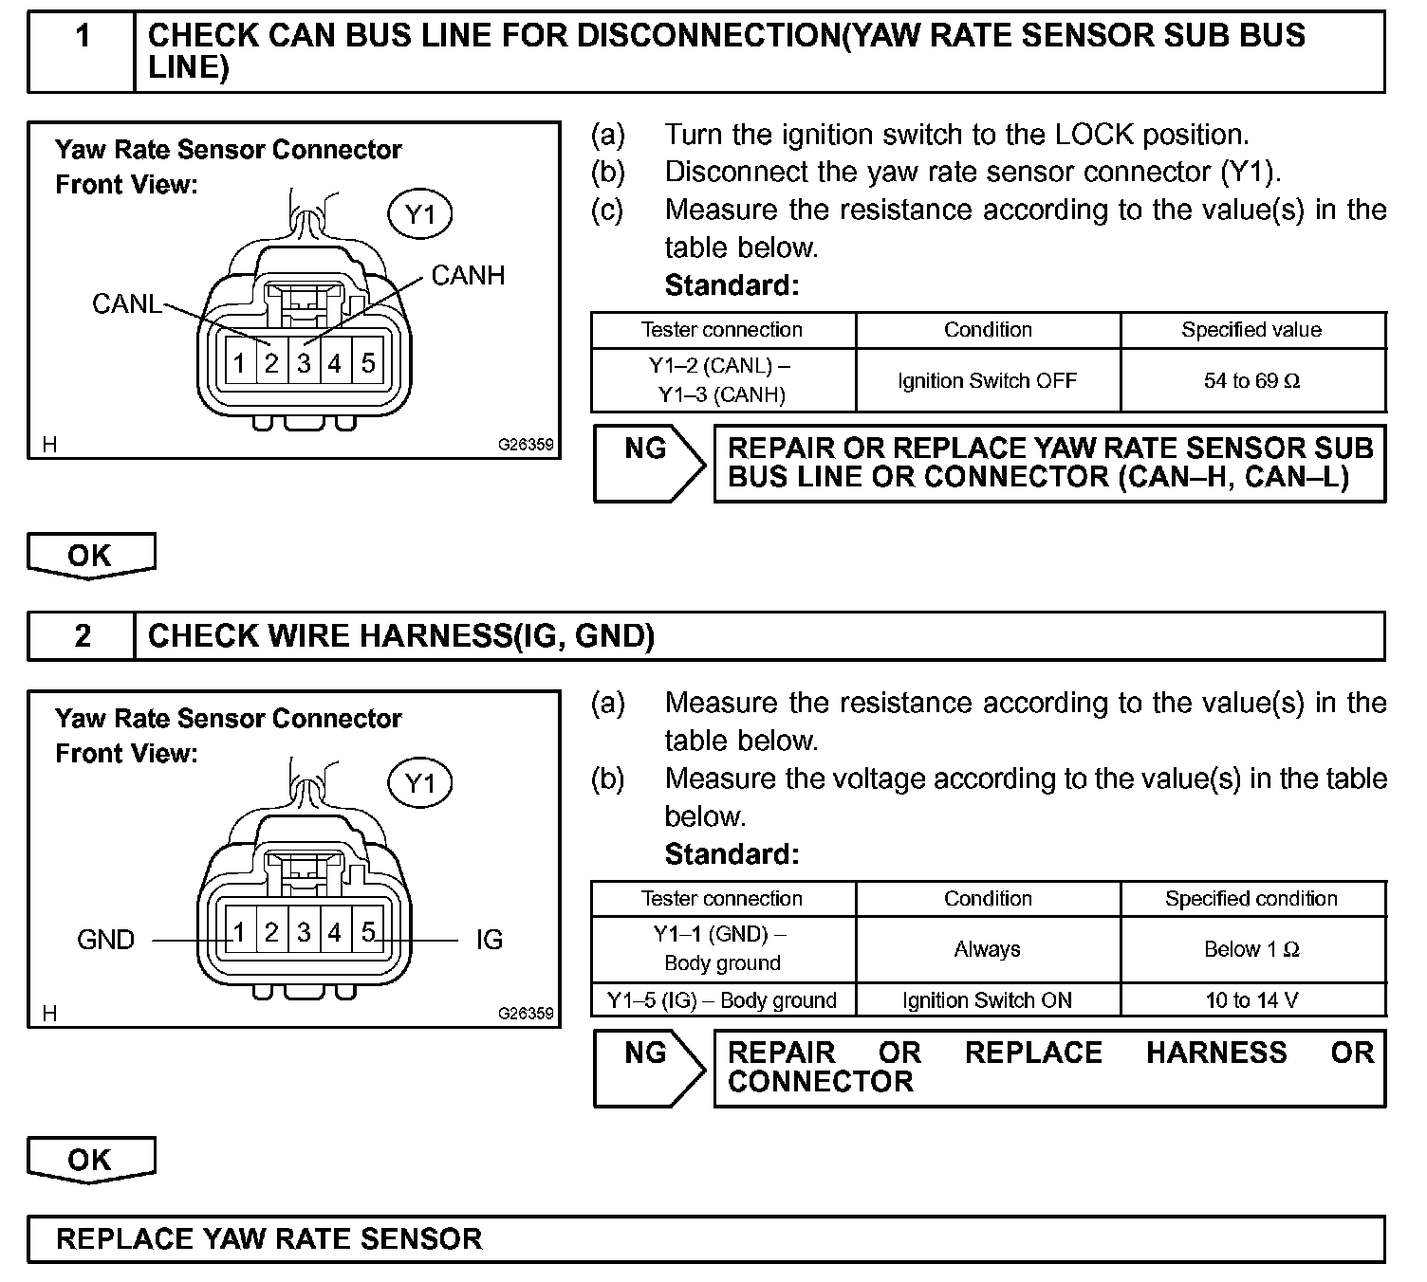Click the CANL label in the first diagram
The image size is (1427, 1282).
tap(126, 303)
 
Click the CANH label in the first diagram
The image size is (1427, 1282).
tap(468, 276)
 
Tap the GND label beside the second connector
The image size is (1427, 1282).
tap(105, 940)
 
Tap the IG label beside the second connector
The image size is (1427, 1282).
tap(489, 940)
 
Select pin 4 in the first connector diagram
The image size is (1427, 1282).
tap(335, 363)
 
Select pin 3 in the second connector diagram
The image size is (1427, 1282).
tap(304, 933)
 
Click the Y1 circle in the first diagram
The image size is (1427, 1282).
tap(419, 215)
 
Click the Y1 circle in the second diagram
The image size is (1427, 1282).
tap(419, 784)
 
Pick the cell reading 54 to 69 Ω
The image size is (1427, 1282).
tap(1251, 381)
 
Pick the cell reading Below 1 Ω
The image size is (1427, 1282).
tap(1251, 949)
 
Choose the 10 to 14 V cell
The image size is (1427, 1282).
tap(1251, 1000)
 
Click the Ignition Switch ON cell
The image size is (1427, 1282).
tap(987, 1000)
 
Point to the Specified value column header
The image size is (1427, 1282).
tap(1251, 330)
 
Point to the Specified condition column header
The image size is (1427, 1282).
tap(1251, 899)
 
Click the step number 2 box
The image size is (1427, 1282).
tap(83, 636)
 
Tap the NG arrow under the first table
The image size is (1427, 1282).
tap(649, 463)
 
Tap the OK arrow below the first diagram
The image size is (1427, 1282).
tap(90, 556)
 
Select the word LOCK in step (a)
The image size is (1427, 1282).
tap(1094, 135)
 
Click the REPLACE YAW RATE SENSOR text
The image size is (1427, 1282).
tap(269, 1239)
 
